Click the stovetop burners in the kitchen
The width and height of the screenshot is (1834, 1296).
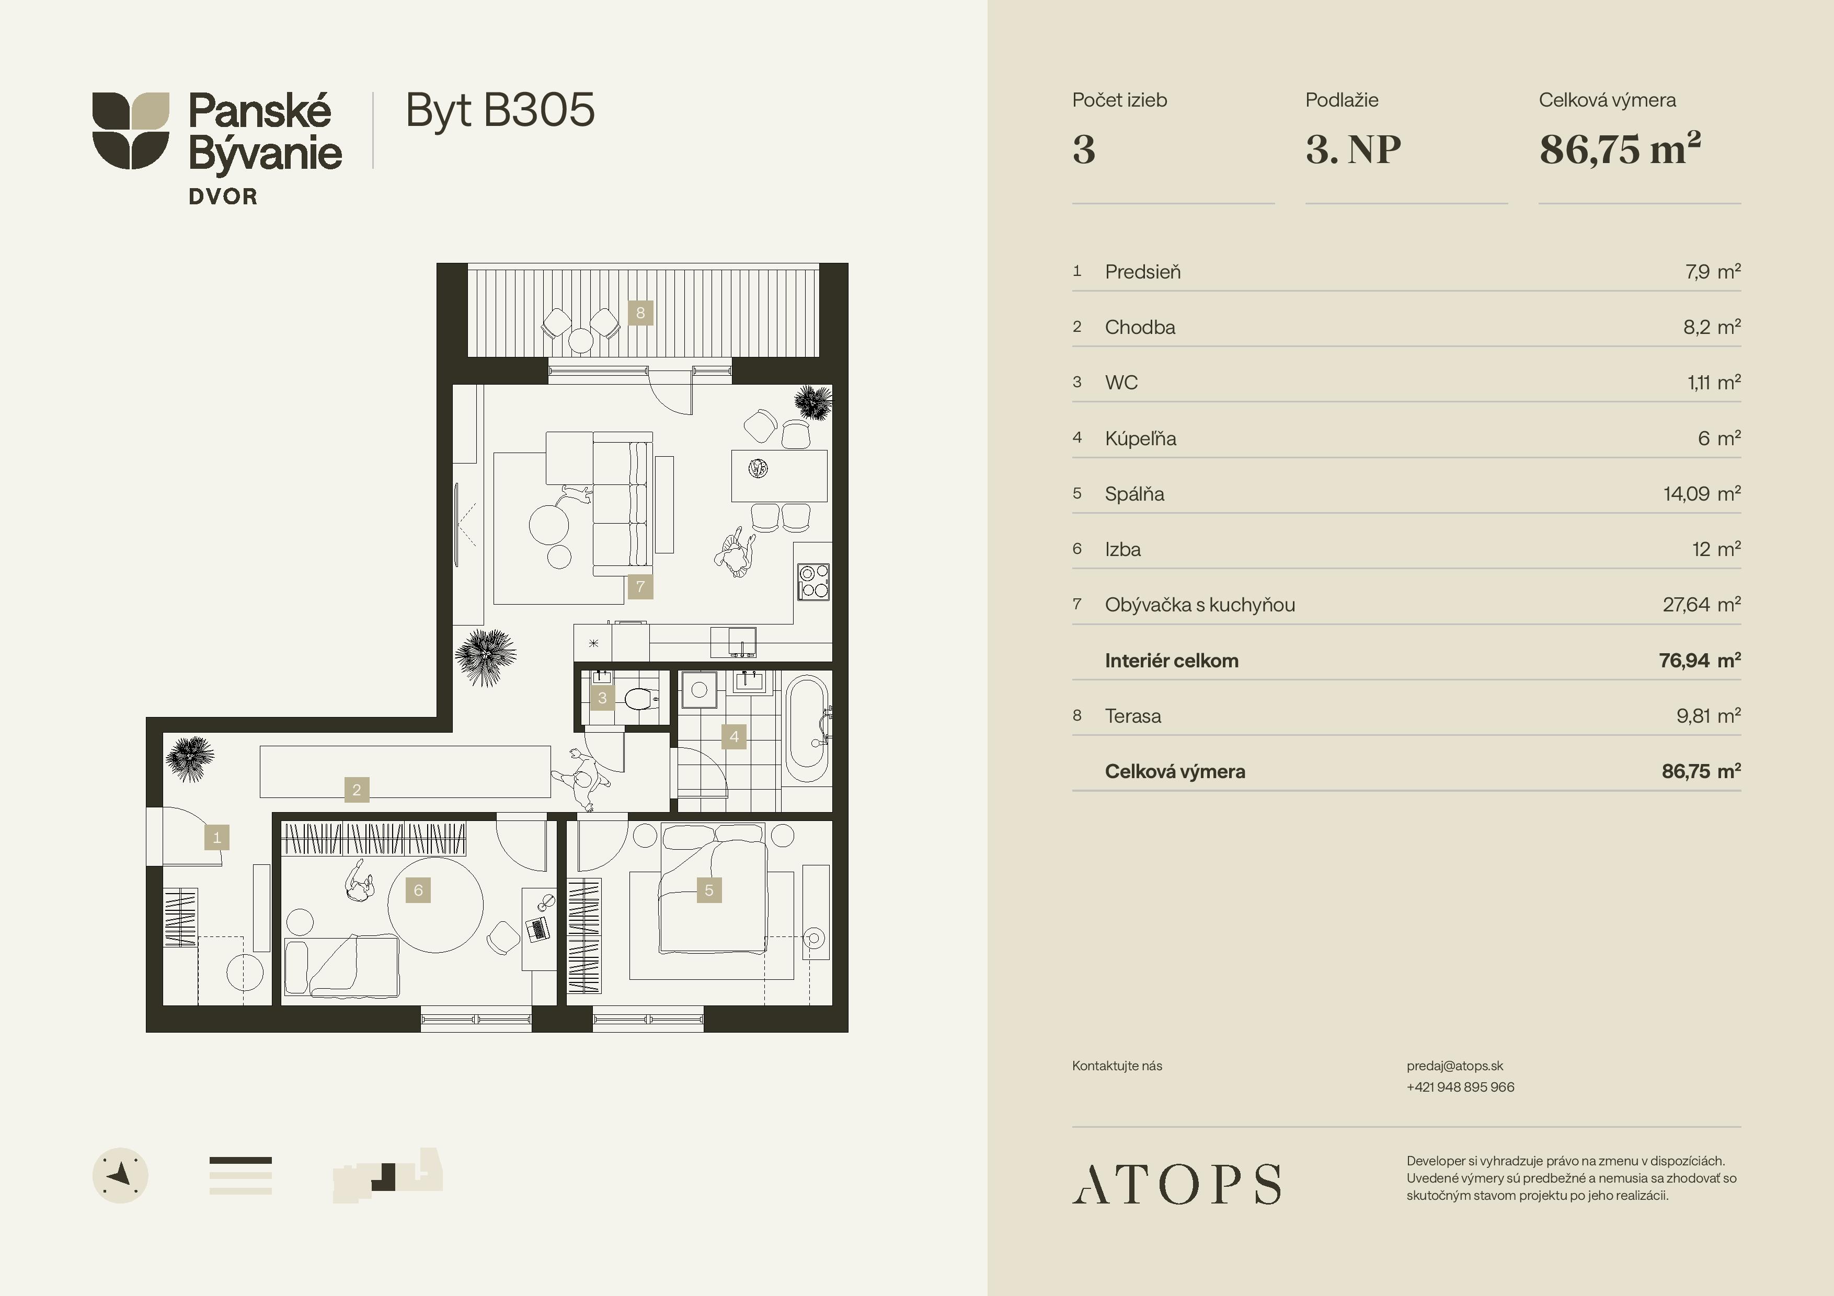(x=813, y=581)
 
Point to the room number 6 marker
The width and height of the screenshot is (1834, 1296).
(x=418, y=889)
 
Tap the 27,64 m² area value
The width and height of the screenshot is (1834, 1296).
(x=1701, y=605)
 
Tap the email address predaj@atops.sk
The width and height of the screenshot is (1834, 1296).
(x=1454, y=1066)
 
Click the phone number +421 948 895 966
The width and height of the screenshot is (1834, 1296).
(x=1460, y=1087)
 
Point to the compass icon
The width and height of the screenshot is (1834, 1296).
(x=121, y=1175)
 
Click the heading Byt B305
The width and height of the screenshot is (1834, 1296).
(x=500, y=110)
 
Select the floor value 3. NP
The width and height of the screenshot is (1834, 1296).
(x=1353, y=149)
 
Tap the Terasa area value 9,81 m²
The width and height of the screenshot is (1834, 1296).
(x=1709, y=715)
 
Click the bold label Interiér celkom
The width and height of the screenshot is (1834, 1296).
(x=1171, y=661)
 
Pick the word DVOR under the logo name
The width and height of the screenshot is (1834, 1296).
(x=223, y=196)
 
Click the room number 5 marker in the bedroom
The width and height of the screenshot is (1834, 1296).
(x=708, y=889)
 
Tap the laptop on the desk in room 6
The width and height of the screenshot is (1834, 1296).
(x=537, y=929)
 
